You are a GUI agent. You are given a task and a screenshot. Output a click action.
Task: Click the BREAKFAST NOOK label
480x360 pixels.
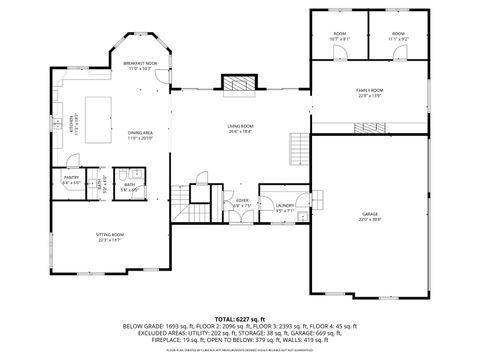tap(140, 64)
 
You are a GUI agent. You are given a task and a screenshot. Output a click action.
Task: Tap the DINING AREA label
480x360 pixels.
tap(140, 134)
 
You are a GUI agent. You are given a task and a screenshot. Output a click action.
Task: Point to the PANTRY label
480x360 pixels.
tap(71, 179)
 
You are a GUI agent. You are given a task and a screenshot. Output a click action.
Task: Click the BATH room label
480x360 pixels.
tap(130, 186)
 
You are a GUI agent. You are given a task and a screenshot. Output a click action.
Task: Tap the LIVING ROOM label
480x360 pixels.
tap(240, 127)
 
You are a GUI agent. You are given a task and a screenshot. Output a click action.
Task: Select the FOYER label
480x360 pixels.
tap(242, 202)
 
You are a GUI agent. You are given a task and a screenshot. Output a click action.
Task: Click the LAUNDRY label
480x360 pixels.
tap(284, 206)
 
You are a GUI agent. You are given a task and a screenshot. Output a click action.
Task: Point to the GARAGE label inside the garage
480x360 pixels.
tap(370, 216)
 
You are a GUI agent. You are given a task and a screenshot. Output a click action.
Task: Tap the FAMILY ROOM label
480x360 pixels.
tap(370, 92)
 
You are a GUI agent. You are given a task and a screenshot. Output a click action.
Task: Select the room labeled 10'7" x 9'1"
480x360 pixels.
tap(340, 38)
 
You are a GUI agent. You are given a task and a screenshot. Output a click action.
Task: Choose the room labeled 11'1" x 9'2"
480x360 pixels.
tap(398, 38)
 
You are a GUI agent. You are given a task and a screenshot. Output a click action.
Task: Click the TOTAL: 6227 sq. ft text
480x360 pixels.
tap(240, 317)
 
